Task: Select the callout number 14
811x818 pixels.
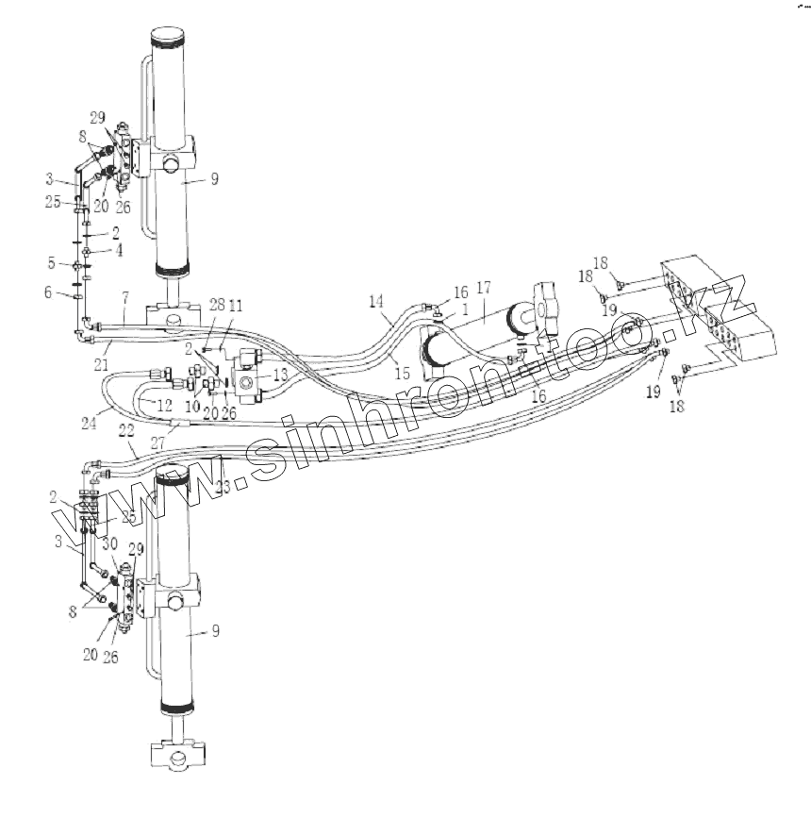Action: (376, 302)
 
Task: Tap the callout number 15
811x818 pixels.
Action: (403, 373)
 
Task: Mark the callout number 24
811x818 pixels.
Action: (90, 424)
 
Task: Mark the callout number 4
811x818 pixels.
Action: (119, 251)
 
